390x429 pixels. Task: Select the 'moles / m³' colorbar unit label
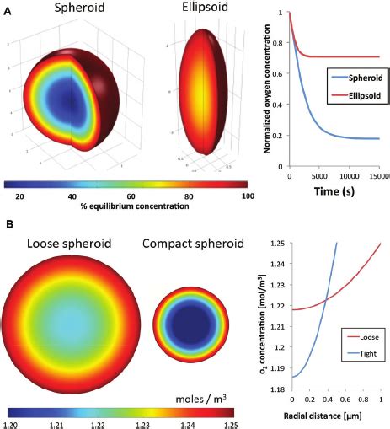click(202, 394)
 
